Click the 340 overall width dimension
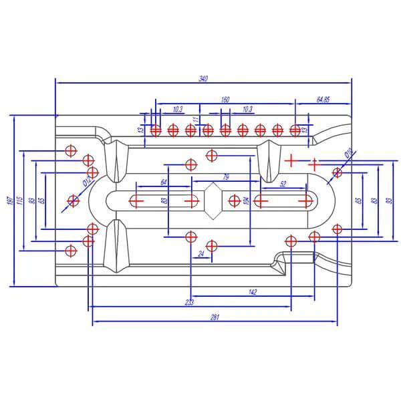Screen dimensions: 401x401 [203, 79]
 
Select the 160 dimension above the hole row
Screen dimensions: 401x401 [225, 100]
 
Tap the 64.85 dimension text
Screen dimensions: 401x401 [323, 100]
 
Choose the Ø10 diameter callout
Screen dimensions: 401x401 [348, 155]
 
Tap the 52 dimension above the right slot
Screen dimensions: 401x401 [284, 182]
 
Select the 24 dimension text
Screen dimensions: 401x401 [201, 254]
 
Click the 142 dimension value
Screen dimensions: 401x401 [252, 292]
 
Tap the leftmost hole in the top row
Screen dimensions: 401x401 [155, 130]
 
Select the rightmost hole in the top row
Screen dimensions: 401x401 [295, 130]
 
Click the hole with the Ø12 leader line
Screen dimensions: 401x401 [74, 200]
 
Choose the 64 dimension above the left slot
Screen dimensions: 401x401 [164, 182]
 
